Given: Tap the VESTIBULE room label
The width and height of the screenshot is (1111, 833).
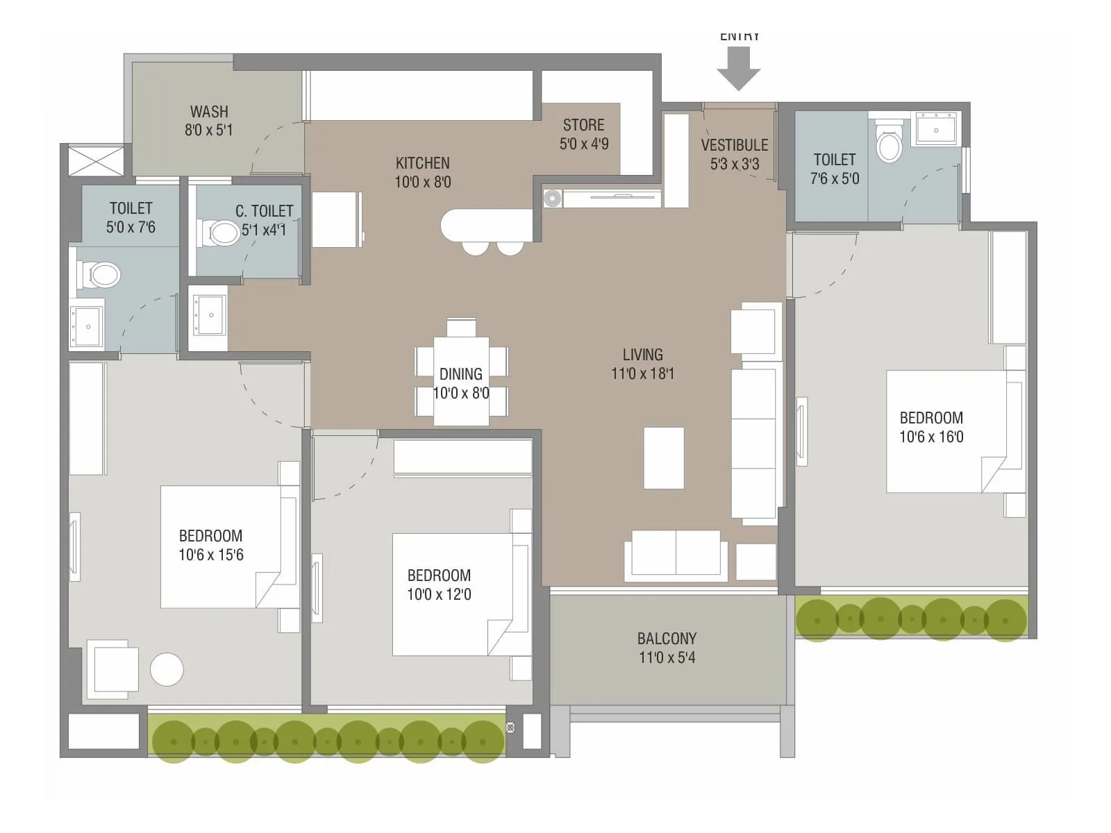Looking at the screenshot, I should pyautogui.click(x=734, y=145).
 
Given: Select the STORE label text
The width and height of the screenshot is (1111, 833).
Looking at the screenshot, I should pyautogui.click(x=583, y=125).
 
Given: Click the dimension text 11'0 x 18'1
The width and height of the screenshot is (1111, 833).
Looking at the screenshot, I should pyautogui.click(x=642, y=373).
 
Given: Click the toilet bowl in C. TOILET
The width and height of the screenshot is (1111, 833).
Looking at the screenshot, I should pyautogui.click(x=223, y=233).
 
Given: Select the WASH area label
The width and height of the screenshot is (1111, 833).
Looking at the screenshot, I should pyautogui.click(x=209, y=112).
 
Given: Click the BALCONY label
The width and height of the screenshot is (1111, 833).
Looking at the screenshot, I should pyautogui.click(x=667, y=638).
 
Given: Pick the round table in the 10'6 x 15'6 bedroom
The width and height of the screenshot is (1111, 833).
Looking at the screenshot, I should pyautogui.click(x=167, y=669).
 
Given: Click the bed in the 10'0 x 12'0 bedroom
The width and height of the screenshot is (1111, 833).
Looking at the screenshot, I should pyautogui.click(x=451, y=594).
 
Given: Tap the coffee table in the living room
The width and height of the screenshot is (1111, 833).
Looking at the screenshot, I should pyautogui.click(x=664, y=458).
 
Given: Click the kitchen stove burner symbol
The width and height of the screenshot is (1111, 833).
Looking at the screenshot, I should pyautogui.click(x=552, y=199).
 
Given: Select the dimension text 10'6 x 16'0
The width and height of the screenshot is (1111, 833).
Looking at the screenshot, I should pyautogui.click(x=931, y=437).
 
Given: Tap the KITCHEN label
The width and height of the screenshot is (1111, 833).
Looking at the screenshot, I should pyautogui.click(x=422, y=163).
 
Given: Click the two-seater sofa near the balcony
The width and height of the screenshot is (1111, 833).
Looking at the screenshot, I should pyautogui.click(x=676, y=555).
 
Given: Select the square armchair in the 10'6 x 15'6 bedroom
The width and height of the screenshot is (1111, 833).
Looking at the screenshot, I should pyautogui.click(x=112, y=669).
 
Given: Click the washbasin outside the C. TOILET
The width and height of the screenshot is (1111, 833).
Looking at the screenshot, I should pyautogui.click(x=209, y=314).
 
